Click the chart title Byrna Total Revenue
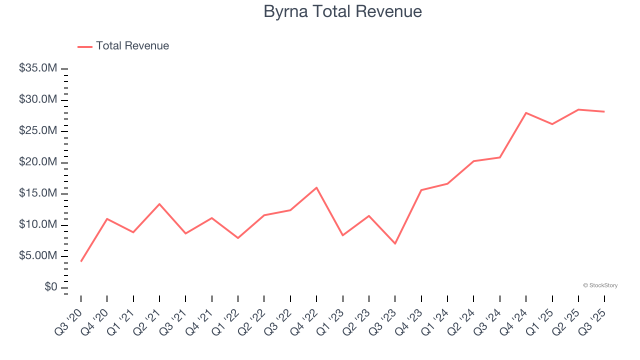342,11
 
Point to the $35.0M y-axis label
38,68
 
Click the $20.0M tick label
38,162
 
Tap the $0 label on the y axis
50,287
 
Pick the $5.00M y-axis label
38,256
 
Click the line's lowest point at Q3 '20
81,261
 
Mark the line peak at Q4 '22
316,187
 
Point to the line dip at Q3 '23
395,243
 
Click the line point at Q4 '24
526,113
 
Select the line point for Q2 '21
159,204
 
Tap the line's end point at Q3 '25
604,111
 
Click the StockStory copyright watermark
600,285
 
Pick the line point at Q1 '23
343,235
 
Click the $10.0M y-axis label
38,225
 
